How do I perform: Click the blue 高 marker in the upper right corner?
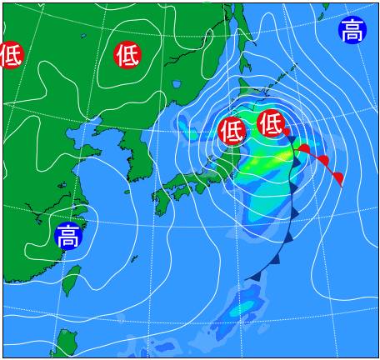coord(352,31)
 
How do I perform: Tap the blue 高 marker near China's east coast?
coord(67,236)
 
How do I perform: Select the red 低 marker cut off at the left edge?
coord(10,56)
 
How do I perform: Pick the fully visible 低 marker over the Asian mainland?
coord(127,55)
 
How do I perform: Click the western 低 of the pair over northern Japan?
coord(232,131)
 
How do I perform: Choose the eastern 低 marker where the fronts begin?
coord(271,123)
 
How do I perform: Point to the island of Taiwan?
coord(72,280)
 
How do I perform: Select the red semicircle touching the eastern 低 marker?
coord(286,132)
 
